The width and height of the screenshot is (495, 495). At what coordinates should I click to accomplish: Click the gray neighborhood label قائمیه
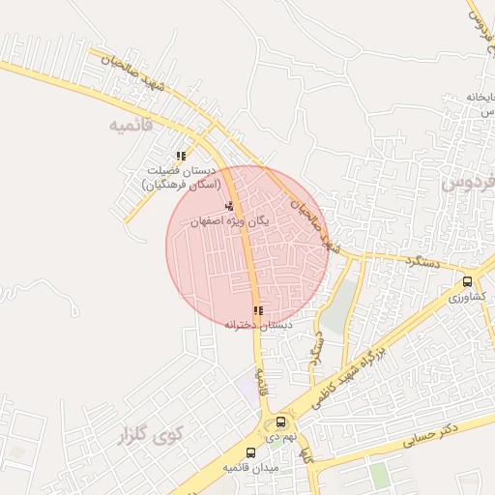(x=133, y=126)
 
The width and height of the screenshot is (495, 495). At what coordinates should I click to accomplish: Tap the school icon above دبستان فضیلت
(x=181, y=156)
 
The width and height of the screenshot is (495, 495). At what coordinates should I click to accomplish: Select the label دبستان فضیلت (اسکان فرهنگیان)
(x=182, y=177)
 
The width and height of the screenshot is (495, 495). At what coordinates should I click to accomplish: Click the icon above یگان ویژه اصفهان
(x=229, y=206)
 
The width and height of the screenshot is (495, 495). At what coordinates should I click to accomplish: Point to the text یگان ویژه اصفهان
(x=229, y=220)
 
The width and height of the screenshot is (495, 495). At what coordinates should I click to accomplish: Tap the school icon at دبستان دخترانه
(x=257, y=310)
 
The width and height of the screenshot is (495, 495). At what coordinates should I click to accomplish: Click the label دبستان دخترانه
(x=258, y=326)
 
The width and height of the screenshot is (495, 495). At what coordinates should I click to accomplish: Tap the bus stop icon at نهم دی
(x=280, y=422)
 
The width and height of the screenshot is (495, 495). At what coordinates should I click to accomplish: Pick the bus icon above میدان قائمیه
(x=250, y=452)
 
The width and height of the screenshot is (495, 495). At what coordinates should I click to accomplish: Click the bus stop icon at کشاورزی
(x=468, y=282)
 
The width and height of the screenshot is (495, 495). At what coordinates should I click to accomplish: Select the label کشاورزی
(x=468, y=298)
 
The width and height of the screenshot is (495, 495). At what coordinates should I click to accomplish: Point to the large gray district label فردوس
(x=469, y=181)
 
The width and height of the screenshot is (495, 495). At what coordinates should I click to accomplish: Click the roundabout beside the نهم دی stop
(x=271, y=428)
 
